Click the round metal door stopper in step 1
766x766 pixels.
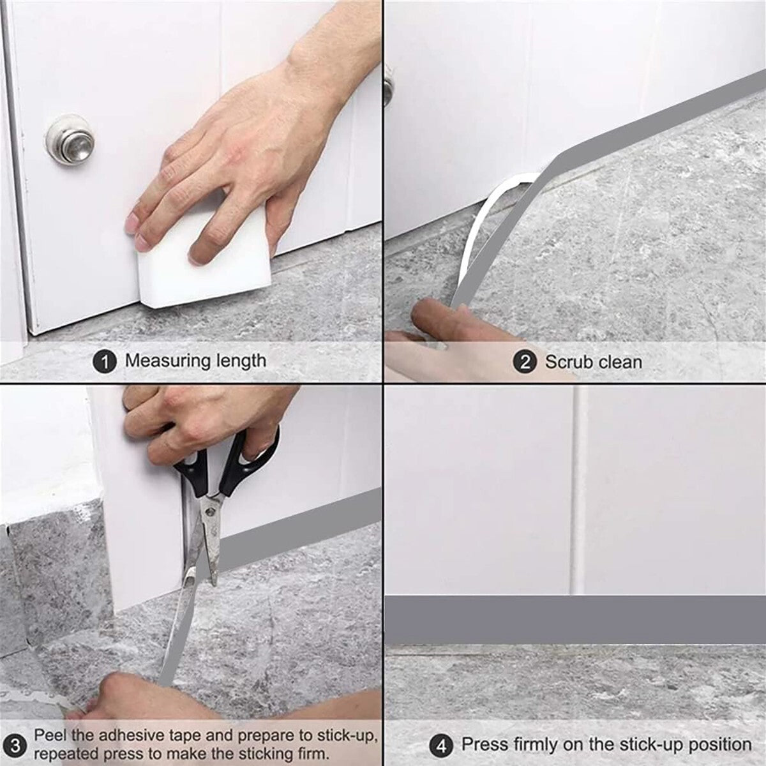(x=70, y=140)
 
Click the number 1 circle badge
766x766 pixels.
(x=105, y=361)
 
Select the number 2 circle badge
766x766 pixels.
(x=525, y=362)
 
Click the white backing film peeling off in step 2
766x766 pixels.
(x=490, y=223)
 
